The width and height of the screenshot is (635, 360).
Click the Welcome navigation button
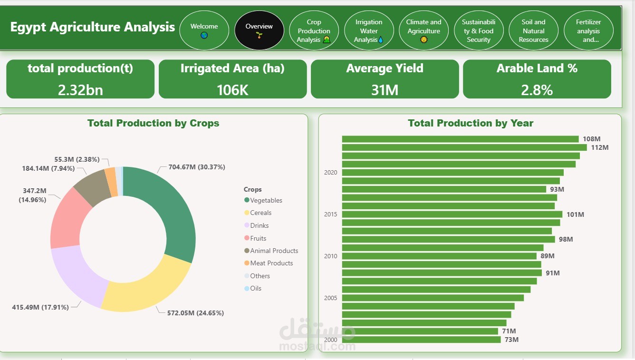pyautogui.click(x=204, y=30)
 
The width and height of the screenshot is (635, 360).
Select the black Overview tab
pyautogui.click(x=259, y=30)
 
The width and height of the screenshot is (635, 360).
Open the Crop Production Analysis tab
pyautogui.click(x=314, y=30)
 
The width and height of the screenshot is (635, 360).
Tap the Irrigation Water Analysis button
pyautogui.click(x=369, y=30)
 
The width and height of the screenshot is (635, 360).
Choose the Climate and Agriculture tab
pyautogui.click(x=423, y=30)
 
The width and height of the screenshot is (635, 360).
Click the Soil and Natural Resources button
pyautogui.click(x=533, y=30)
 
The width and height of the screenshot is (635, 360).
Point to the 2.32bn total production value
pyautogui.click(x=80, y=90)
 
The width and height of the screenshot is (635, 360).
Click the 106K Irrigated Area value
pyautogui.click(x=232, y=90)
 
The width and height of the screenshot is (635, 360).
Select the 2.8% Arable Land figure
pyautogui.click(x=537, y=90)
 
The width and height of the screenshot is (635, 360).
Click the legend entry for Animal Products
pyautogui.click(x=274, y=251)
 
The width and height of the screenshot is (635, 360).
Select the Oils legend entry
pyautogui.click(x=256, y=288)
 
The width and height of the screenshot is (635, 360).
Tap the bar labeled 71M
pyautogui.click(x=420, y=331)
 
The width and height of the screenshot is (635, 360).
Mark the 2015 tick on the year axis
pyautogui.click(x=330, y=214)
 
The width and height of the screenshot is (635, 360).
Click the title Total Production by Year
pyautogui.click(x=471, y=123)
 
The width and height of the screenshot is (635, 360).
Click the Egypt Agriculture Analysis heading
pyautogui.click(x=93, y=27)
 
